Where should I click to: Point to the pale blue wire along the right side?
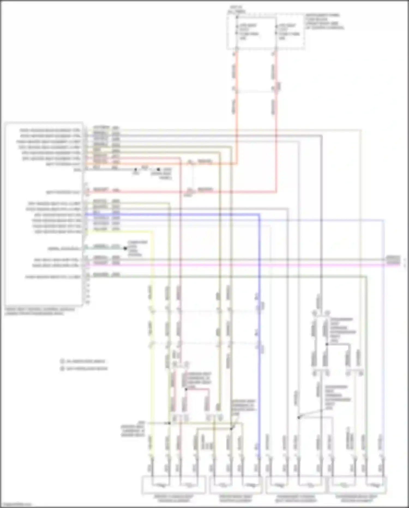384,328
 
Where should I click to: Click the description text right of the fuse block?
324,21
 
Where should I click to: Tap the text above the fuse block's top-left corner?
236,10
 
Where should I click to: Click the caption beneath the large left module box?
40,311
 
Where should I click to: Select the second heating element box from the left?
236,485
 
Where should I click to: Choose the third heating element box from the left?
295,485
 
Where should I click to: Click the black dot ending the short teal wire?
125,248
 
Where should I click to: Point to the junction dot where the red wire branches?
186,389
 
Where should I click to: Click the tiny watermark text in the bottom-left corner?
16,505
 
